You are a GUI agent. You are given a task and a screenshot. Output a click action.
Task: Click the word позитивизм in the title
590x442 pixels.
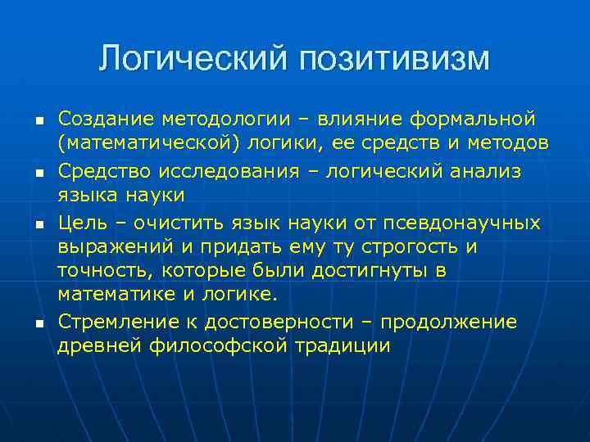coord(395,58)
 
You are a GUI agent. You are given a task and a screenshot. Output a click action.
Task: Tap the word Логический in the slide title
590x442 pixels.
coord(193,58)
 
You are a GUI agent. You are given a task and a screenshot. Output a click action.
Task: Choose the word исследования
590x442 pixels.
coord(225,170)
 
